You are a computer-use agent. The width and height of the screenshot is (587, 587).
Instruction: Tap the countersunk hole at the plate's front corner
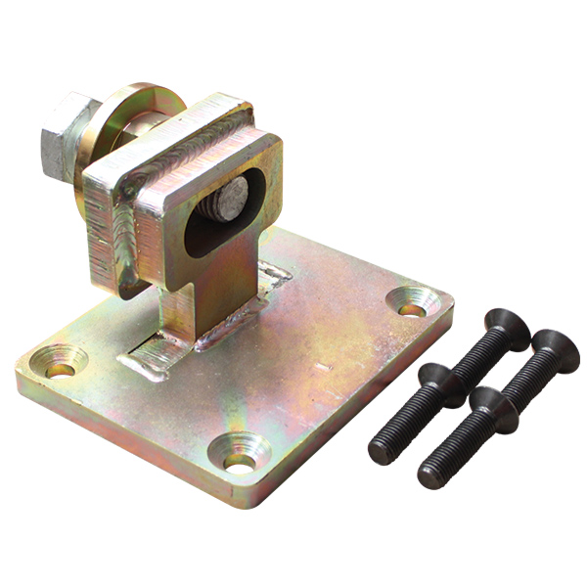pos(240,457)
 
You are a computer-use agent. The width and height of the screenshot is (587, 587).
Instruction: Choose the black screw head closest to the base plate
pos(439,377)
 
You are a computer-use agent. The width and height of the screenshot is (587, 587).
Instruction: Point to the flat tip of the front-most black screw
pos(433,475)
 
